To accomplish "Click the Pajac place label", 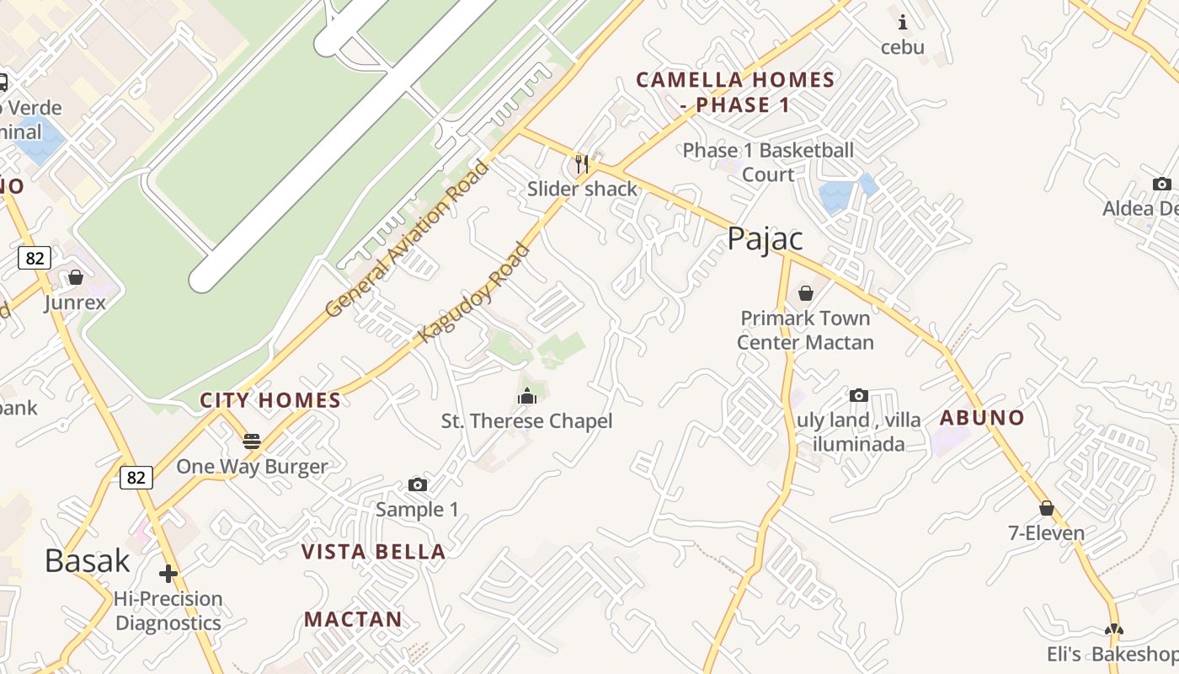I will [x=765, y=239].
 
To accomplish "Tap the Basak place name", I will [x=88, y=561].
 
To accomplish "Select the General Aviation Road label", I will [x=406, y=239].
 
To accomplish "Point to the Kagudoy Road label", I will [x=474, y=293].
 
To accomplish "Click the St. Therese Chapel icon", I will [x=527, y=395].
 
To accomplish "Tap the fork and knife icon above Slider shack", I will [x=582, y=163].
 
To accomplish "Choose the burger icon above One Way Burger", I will [x=251, y=441].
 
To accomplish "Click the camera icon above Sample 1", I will [x=417, y=484].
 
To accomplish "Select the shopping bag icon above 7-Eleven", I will [x=1046, y=508].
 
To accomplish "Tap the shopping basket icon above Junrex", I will [x=76, y=277].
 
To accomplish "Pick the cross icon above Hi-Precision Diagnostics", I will [x=168, y=574].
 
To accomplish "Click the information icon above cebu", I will [x=903, y=22].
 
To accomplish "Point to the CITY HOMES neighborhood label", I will [x=270, y=400].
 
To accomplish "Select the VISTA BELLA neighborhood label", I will [x=374, y=552].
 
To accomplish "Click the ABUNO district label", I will [x=982, y=418].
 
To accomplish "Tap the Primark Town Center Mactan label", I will [x=805, y=330].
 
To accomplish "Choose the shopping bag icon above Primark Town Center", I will [x=805, y=293].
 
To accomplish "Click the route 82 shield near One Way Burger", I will [x=136, y=478].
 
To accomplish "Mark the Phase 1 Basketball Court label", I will [x=768, y=163].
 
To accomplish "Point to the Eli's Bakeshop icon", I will [x=1113, y=629].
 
